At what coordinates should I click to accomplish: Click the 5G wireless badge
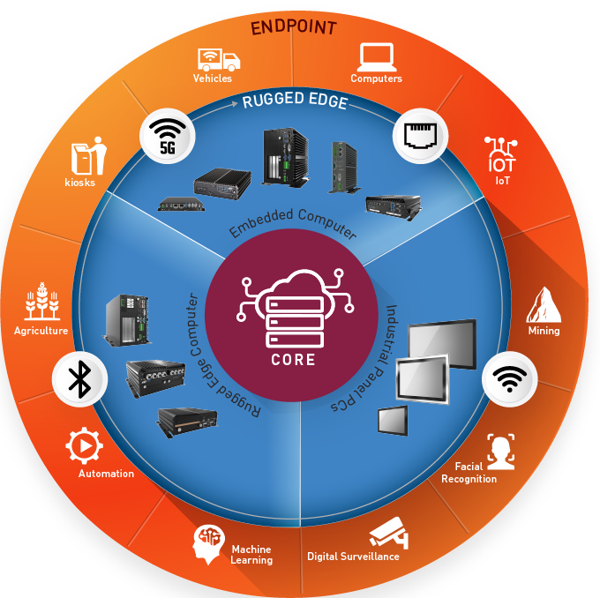(x=168, y=136)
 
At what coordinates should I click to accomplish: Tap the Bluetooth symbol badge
(x=80, y=378)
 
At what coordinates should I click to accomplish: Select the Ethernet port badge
(x=421, y=136)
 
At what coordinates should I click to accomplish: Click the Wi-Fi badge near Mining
(x=510, y=378)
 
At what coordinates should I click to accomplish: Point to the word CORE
(x=294, y=360)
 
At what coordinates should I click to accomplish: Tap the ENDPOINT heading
(x=294, y=27)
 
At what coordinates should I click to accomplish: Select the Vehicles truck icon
(x=219, y=59)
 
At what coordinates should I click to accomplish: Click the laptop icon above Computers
(x=377, y=57)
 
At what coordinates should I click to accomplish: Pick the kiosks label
(x=79, y=183)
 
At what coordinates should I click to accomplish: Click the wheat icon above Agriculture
(x=42, y=301)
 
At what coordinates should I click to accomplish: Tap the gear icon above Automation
(x=84, y=445)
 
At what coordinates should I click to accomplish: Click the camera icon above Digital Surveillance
(x=389, y=533)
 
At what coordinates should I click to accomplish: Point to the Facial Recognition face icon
(x=501, y=452)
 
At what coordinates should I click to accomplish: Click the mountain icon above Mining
(x=544, y=305)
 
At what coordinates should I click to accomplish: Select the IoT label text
(x=502, y=181)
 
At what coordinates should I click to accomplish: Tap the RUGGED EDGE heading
(x=295, y=101)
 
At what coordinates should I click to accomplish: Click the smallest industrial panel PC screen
(x=393, y=421)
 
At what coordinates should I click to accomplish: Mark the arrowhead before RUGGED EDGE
(x=234, y=104)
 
